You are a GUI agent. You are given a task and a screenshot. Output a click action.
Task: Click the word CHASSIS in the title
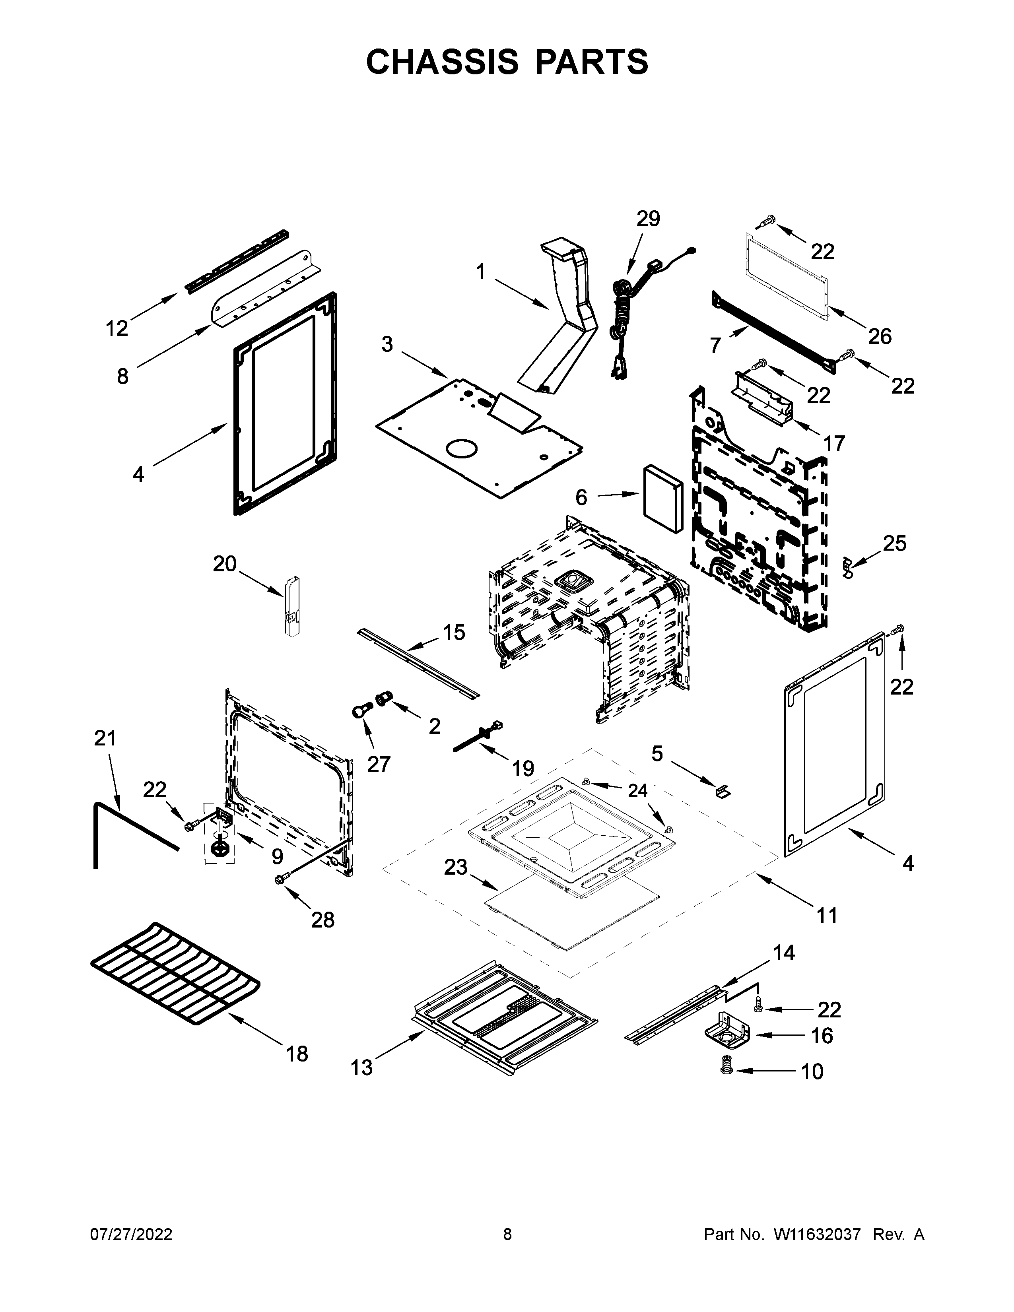[442, 62]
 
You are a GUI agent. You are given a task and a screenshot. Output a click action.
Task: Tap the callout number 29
[648, 219]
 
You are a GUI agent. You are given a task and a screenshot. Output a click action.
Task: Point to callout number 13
[361, 1067]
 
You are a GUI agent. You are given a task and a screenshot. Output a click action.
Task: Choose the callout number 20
[225, 564]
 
